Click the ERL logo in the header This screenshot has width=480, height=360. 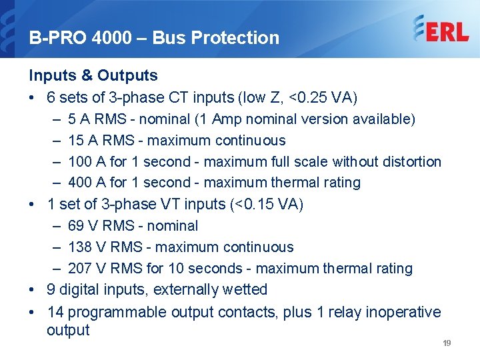[x=441, y=29]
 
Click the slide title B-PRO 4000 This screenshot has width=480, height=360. [x=87, y=38]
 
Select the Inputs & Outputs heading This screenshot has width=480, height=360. [x=93, y=75]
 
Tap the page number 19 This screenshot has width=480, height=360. [x=447, y=343]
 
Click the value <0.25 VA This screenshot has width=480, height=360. [x=323, y=97]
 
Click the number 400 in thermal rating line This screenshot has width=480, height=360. [x=80, y=182]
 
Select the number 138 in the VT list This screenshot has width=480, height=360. [x=80, y=247]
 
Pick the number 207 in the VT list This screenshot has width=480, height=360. [x=80, y=268]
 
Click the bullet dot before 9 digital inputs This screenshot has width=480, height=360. [x=32, y=290]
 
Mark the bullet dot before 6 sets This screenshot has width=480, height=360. [x=32, y=98]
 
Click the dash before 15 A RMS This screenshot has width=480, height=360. [x=54, y=141]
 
